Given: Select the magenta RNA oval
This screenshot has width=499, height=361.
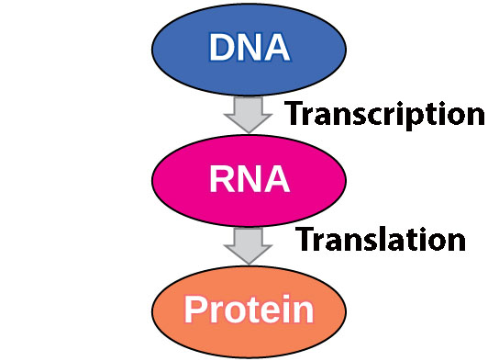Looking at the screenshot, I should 249,179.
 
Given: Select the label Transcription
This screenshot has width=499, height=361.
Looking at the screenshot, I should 383,114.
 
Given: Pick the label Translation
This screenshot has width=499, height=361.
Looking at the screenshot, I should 380,240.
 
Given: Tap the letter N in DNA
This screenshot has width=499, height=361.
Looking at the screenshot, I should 249,47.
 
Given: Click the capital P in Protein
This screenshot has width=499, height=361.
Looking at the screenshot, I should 195,310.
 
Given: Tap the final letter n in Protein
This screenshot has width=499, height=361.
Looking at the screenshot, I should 304,312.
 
